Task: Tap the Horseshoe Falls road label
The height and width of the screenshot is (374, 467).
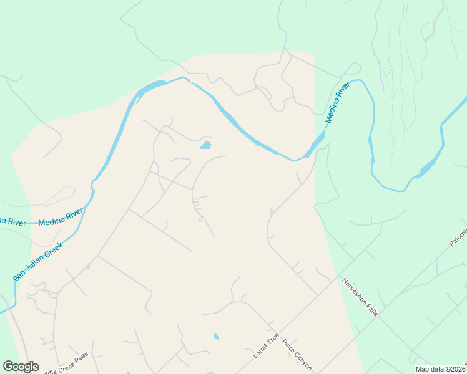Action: [360, 296]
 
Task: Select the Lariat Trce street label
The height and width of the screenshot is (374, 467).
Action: [266, 346]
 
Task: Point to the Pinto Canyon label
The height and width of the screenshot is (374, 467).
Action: [297, 353]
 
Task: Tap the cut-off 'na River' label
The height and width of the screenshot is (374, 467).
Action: [12, 221]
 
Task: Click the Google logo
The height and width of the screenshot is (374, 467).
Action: [21, 367]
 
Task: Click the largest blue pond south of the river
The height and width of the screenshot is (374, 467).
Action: [205, 146]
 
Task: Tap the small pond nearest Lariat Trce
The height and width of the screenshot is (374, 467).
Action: [216, 337]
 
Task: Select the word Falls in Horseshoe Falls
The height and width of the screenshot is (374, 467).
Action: [370, 307]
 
